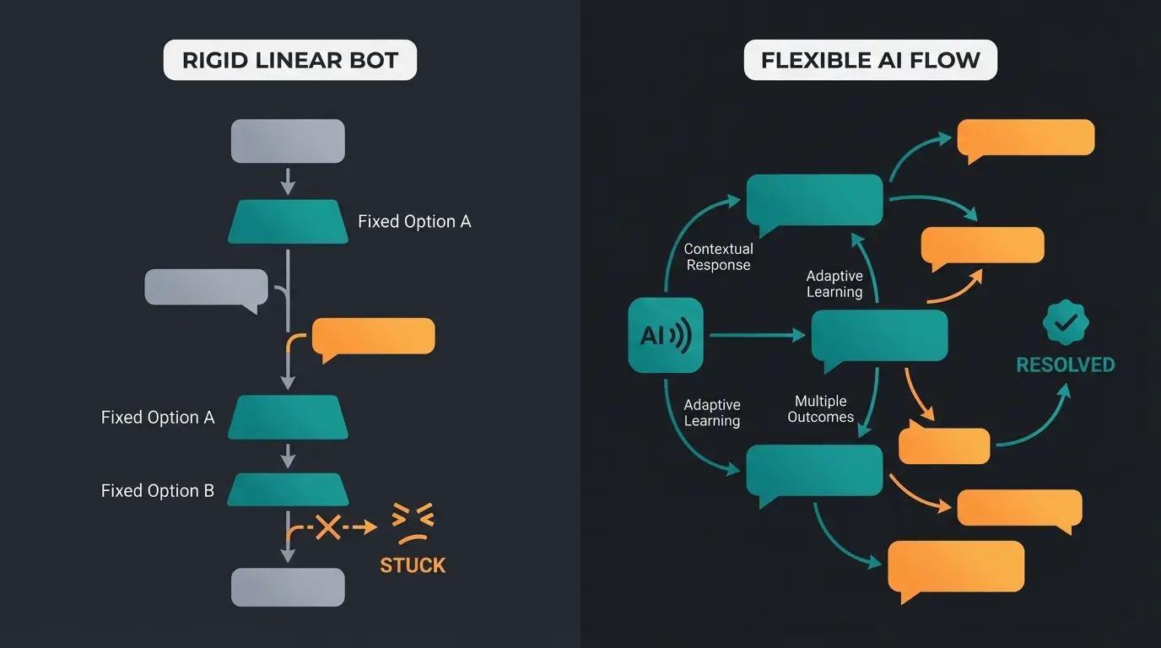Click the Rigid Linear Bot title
click(289, 62)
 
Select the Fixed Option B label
click(158, 491)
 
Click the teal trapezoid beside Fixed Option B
click(288, 489)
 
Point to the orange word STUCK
click(413, 565)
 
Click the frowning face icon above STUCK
click(413, 524)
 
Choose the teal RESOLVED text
click(1065, 365)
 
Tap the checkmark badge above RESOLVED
click(1066, 322)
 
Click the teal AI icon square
click(665, 335)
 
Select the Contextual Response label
click(718, 257)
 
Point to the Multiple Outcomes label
click(820, 409)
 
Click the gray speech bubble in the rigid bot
click(207, 287)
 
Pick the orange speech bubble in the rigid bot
click(373, 337)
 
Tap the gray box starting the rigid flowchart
click(288, 140)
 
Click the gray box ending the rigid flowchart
click(288, 586)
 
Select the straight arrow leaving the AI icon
click(756, 335)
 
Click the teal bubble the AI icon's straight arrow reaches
click(879, 336)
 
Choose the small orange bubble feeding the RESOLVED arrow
click(943, 445)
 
